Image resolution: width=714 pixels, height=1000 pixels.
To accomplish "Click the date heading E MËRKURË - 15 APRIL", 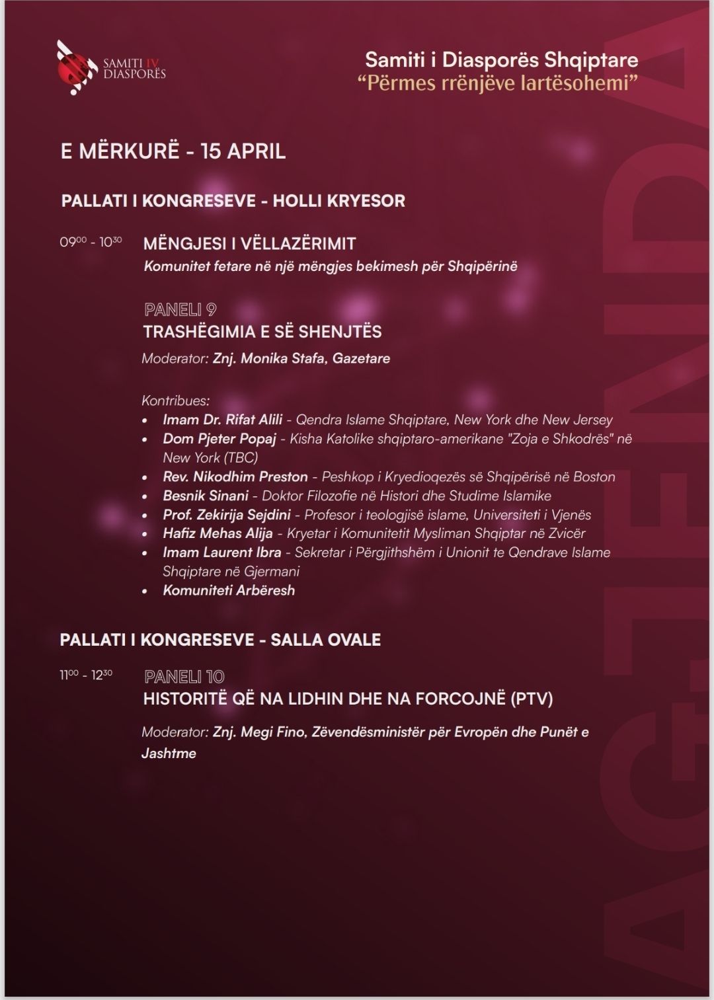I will tap(173, 151).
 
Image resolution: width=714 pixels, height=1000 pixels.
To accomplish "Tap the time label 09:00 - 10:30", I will tap(91, 242).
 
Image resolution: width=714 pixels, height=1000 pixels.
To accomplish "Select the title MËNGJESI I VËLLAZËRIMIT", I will tap(249, 243).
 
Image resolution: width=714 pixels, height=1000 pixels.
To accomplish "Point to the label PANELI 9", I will tap(180, 309).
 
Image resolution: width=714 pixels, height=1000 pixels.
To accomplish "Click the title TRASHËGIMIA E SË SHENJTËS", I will tap(262, 331).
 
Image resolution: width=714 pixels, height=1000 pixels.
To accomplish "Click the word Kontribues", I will tap(175, 401).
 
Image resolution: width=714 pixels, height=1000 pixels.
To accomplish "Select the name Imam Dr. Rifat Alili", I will tap(222, 420).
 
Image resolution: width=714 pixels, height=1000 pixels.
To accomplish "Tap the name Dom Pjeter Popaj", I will tap(219, 439).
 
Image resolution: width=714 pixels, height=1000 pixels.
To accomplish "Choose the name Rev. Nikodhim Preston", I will tap(235, 477).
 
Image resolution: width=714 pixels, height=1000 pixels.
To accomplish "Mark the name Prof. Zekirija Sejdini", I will tap(227, 515).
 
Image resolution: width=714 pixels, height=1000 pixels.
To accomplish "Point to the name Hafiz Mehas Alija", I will tap(218, 533).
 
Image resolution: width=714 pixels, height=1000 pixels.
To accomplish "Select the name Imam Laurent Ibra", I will tap(221, 553).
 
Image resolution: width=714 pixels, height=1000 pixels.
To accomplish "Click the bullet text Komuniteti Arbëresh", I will tap(229, 590).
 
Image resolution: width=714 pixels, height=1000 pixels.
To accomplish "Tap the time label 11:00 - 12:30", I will tap(86, 675).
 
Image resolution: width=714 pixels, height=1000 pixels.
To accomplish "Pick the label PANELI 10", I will tap(184, 676).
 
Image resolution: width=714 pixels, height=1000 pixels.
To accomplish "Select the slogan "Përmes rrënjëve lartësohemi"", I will tap(502, 83).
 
